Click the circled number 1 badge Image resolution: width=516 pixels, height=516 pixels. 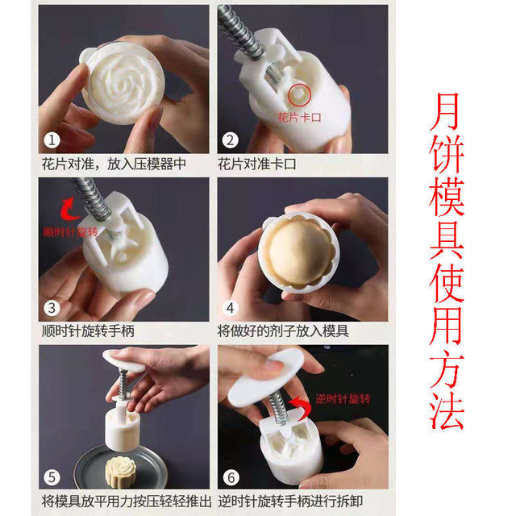click(x=52, y=140)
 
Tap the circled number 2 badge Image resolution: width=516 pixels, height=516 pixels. click(x=230, y=140)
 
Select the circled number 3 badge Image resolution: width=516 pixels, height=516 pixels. click(x=52, y=308)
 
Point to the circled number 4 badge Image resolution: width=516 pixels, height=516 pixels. click(x=231, y=308)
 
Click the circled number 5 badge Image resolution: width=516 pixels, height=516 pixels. click(x=52, y=477)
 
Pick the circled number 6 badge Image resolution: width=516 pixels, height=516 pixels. click(x=231, y=477)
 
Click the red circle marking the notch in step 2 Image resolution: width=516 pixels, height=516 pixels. click(x=299, y=95)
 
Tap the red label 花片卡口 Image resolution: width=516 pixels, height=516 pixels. click(x=299, y=117)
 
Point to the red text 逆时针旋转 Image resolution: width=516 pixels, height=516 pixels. click(x=343, y=399)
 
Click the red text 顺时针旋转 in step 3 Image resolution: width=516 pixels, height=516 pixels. click(x=70, y=232)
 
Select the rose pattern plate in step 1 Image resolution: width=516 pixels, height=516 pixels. click(x=123, y=84)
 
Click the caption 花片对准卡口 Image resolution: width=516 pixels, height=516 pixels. click(x=256, y=164)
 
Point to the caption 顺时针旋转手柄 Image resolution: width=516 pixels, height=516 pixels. click(x=88, y=331)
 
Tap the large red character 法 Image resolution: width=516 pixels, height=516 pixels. click(x=447, y=411)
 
